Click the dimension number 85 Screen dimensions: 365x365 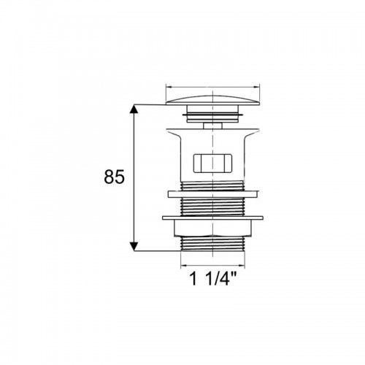(114, 177)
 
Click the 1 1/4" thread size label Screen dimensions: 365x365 (212, 279)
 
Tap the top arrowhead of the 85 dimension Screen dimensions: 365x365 (134, 109)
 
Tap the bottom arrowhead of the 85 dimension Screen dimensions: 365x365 (134, 247)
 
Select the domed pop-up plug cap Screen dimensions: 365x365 (212, 100)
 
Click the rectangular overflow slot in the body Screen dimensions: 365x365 (212, 163)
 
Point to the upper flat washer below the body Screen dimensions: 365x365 (213, 194)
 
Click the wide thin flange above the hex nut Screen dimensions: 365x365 (212, 218)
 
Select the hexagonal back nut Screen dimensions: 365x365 (212, 228)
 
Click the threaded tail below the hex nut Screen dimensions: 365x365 (212, 243)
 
